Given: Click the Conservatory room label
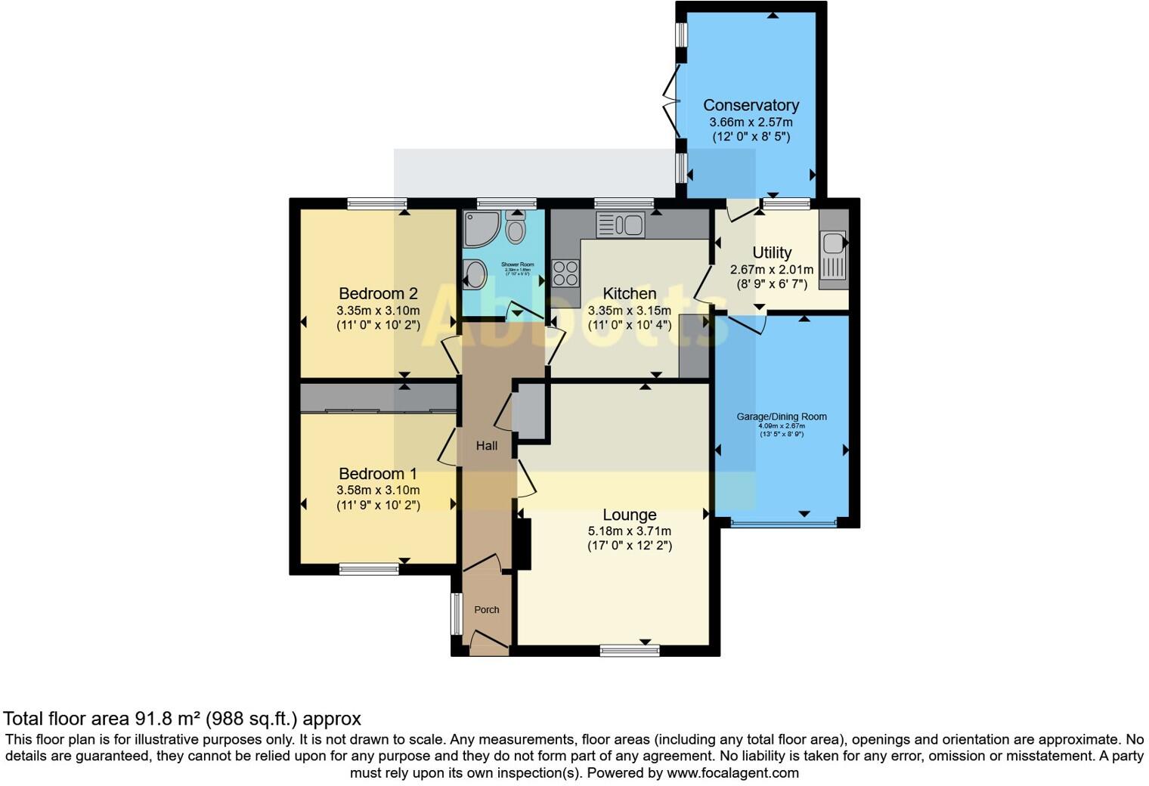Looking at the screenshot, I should pos(751,106).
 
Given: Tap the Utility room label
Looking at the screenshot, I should pos(772,253).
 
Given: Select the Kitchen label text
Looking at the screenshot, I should pos(629,294).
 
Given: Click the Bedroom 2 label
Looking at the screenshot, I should pos(378,294).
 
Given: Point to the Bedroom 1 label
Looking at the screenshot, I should pos(378,474).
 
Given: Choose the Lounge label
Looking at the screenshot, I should pos(629,515).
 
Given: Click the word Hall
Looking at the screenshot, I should pos(487,446).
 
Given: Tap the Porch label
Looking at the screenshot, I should pos(487,610).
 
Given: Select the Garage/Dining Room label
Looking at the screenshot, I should pos(782,416).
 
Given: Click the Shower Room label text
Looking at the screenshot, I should pos(518,265).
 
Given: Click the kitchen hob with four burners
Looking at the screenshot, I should pos(565,273).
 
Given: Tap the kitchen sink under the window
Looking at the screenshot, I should pos(621,225).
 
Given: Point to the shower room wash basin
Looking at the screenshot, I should pos(475,274).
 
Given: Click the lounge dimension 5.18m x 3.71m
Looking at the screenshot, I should pos(629,531).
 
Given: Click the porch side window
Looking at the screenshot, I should pos(456,614).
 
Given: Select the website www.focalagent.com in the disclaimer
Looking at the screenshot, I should pos(732,773).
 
